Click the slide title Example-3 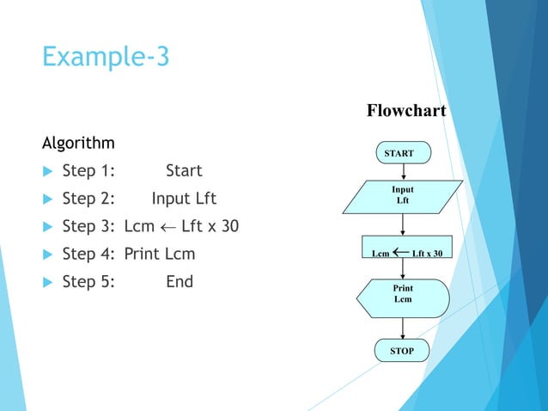click(106, 58)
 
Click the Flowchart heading click(406, 111)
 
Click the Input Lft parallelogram click(402, 195)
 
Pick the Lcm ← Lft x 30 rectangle click(406, 253)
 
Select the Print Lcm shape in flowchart click(402, 294)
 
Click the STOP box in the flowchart click(402, 351)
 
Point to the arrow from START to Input click(402, 172)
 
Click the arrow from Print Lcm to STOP click(402, 327)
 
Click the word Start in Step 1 click(184, 170)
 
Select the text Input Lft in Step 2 click(184, 199)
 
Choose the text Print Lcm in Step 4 click(159, 255)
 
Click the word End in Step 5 click(180, 281)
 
